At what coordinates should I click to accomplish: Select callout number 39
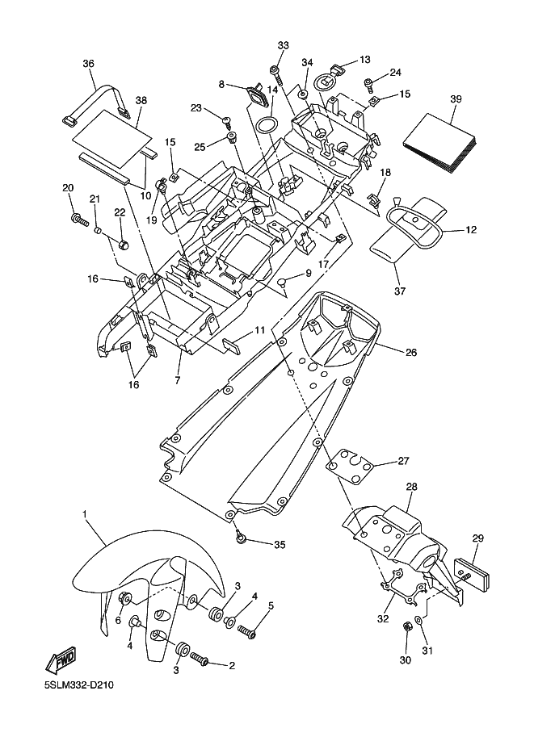[x=455, y=98]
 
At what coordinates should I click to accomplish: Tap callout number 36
[x=88, y=64]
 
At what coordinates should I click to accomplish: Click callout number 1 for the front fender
[x=83, y=513]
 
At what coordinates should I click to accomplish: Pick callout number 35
[x=280, y=545]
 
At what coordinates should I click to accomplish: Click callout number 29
[x=477, y=538]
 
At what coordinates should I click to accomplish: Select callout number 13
[x=364, y=60]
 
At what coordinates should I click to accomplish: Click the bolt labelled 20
[x=80, y=218]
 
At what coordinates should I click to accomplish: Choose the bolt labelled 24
[x=369, y=82]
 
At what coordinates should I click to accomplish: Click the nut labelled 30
[x=407, y=627]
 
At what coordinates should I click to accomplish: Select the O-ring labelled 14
[x=267, y=126]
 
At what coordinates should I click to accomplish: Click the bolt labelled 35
[x=241, y=535]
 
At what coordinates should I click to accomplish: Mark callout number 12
[x=471, y=230]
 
